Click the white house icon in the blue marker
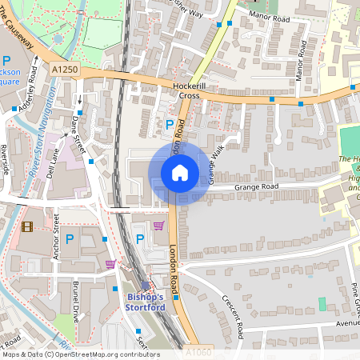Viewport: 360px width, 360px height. [180, 172]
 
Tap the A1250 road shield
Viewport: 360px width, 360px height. [64, 70]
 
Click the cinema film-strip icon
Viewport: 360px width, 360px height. [29, 227]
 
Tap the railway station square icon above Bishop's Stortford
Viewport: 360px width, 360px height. [145, 285]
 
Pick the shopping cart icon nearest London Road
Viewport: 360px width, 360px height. [158, 226]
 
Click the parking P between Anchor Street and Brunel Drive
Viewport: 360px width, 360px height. [70, 238]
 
